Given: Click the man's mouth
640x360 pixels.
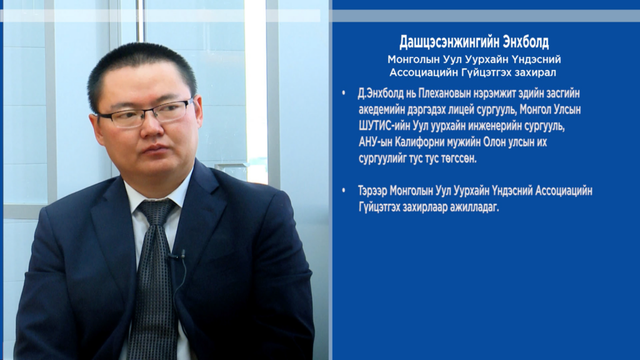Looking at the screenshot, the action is coord(154,149).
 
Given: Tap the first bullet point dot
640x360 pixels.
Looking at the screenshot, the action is coord(344,94).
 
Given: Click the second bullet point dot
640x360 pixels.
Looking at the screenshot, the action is coord(344,191).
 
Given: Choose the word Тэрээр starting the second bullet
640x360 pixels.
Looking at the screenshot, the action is coord(372,191).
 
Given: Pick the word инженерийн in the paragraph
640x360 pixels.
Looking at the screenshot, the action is coord(493,126).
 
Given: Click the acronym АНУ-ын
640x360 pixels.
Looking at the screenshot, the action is coord(376,143).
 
